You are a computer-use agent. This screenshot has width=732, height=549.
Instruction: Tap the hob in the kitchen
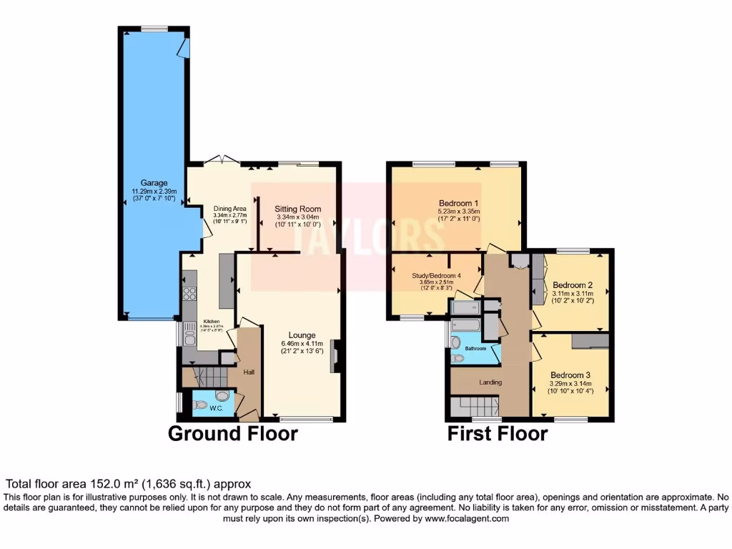click(x=190, y=293)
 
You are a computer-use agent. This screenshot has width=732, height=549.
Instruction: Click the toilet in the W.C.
click(x=200, y=405)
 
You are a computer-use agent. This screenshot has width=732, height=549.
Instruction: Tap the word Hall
click(x=248, y=372)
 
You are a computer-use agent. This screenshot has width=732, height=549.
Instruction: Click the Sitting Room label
click(x=298, y=209)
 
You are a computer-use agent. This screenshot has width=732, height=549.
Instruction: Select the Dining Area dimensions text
click(x=229, y=218)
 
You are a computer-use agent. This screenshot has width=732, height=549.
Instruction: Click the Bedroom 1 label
click(x=458, y=203)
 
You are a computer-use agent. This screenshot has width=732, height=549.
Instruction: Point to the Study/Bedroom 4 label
click(x=436, y=276)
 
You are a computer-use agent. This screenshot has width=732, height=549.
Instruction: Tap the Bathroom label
click(x=475, y=349)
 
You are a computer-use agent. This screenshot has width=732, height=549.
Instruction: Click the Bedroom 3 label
click(x=570, y=375)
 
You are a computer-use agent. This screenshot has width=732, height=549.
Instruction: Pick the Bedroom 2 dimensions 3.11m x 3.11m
click(x=573, y=293)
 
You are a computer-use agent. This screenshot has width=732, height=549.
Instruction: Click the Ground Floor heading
click(x=232, y=433)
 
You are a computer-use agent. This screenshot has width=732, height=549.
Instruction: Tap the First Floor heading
click(x=498, y=433)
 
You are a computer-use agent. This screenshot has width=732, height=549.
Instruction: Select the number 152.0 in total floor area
click(x=89, y=484)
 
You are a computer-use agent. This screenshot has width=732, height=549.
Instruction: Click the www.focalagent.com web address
click(x=465, y=518)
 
